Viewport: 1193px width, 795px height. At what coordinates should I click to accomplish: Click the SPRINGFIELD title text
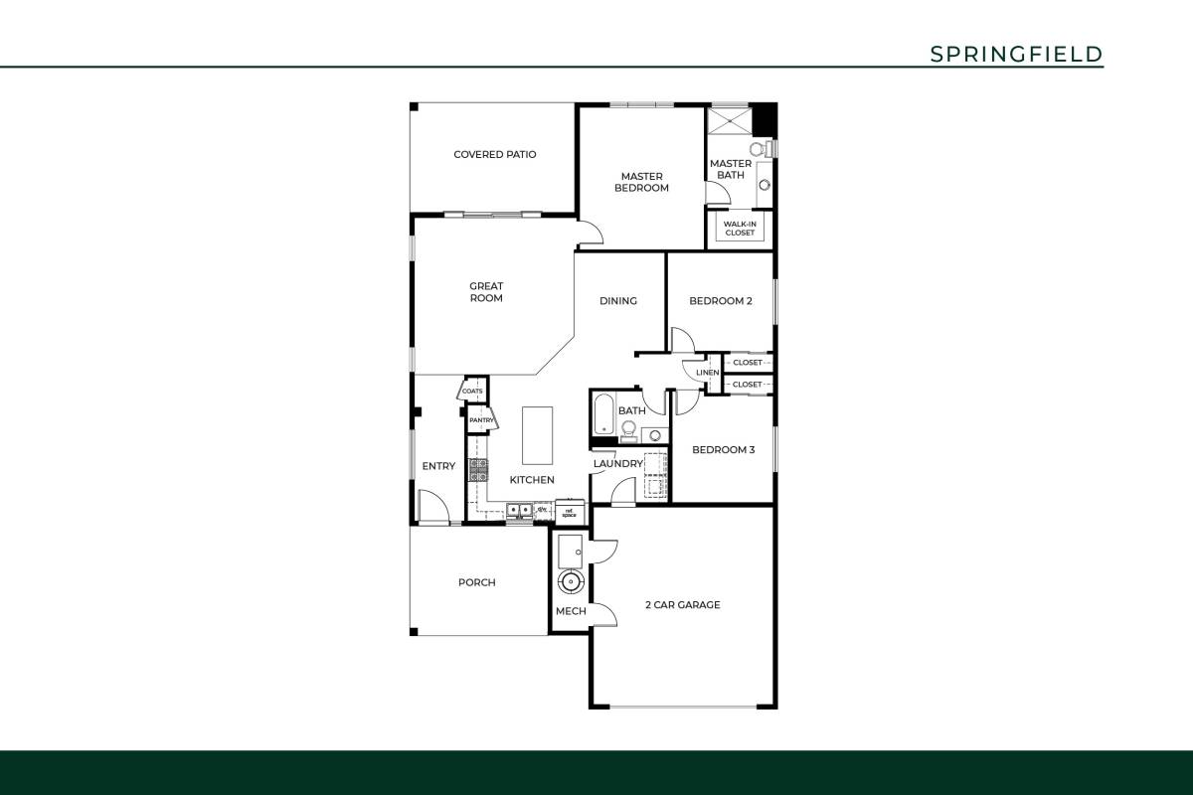[x=1016, y=54]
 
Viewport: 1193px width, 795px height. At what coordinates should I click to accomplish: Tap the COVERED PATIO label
[x=494, y=154]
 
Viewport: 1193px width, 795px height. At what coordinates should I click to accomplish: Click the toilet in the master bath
[x=760, y=149]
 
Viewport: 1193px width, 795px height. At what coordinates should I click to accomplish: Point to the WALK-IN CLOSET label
[x=740, y=229]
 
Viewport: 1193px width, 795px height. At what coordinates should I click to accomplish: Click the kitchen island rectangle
[x=537, y=434]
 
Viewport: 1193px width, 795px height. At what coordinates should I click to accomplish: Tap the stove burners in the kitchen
[x=479, y=470]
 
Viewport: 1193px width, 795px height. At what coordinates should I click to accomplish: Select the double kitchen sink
[x=519, y=511]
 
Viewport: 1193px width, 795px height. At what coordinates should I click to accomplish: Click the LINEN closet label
[x=707, y=373]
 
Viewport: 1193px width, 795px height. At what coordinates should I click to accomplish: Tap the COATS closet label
[x=472, y=391]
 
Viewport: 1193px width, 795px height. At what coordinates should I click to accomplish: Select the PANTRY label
[x=481, y=420]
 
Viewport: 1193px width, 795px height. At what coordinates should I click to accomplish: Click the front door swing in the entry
[x=433, y=508]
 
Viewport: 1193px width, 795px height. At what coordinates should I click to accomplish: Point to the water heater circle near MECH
[x=572, y=581]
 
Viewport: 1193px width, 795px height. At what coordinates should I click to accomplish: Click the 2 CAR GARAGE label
[x=682, y=604]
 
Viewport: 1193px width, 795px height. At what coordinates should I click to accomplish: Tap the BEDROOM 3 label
[x=723, y=449]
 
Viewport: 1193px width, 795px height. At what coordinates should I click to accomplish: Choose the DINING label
[x=617, y=301]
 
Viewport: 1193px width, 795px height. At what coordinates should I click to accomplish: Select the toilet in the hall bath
[x=628, y=429]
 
